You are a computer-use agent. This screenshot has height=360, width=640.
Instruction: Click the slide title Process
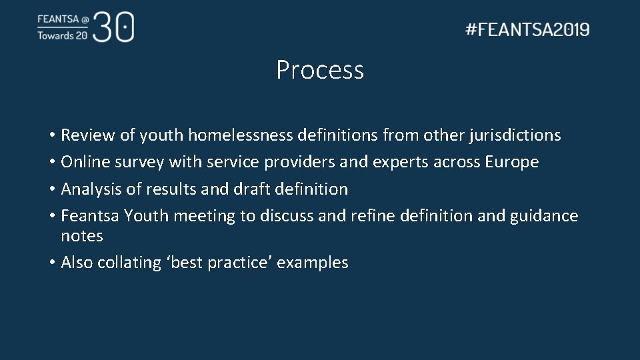[320, 70]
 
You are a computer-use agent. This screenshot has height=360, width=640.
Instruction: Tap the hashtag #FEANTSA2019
[527, 29]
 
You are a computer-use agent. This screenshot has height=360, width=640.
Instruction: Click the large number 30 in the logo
[114, 27]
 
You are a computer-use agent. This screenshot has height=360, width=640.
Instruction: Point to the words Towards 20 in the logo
[62, 36]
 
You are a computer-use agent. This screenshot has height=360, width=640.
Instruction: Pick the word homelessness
[240, 135]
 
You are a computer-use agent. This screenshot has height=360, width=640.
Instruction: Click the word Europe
[511, 162]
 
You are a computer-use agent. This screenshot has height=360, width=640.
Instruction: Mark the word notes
[82, 236]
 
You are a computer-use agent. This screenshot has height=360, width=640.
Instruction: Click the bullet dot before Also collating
[51, 263]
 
